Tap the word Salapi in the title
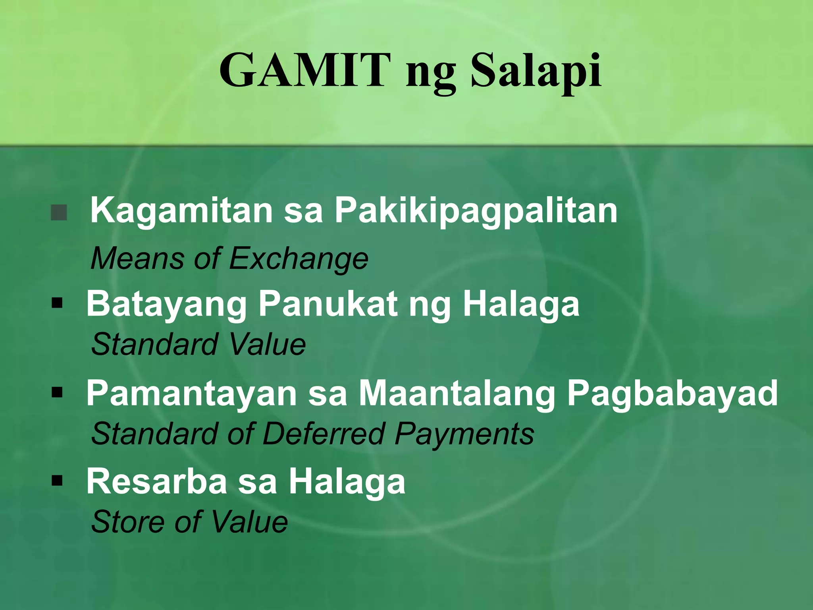click(536, 71)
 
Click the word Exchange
click(299, 259)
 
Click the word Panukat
click(328, 304)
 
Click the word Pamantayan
click(191, 394)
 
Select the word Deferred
click(324, 433)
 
